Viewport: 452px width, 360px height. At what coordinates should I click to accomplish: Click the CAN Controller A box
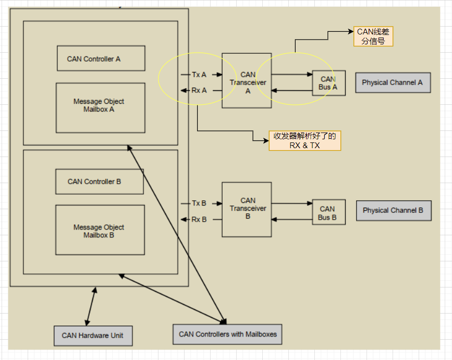101,58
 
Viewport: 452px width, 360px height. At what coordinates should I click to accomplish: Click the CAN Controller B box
100,182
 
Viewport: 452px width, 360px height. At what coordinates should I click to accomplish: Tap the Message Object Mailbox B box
100,230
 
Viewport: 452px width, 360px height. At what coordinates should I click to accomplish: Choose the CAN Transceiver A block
247,80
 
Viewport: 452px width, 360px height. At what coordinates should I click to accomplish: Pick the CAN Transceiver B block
247,209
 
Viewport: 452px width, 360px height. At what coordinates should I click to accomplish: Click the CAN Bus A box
328,83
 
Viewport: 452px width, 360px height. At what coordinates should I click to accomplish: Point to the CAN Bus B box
328,212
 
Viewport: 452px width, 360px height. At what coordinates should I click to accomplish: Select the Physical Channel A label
393,82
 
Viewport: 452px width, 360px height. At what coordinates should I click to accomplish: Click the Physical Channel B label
394,210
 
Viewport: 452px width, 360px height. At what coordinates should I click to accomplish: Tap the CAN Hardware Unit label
93,335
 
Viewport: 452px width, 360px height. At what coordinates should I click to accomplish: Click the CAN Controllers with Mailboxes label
227,334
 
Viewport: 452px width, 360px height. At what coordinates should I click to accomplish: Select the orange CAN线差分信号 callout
373,37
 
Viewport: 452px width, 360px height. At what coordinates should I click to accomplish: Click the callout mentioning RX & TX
304,141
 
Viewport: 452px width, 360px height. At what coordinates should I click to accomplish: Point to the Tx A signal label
199,75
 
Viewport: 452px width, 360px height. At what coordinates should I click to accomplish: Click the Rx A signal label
199,90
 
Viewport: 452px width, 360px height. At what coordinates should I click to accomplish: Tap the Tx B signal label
199,203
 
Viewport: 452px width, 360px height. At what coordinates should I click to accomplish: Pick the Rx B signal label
199,219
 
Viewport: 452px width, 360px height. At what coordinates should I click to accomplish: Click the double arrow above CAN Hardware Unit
91,306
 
